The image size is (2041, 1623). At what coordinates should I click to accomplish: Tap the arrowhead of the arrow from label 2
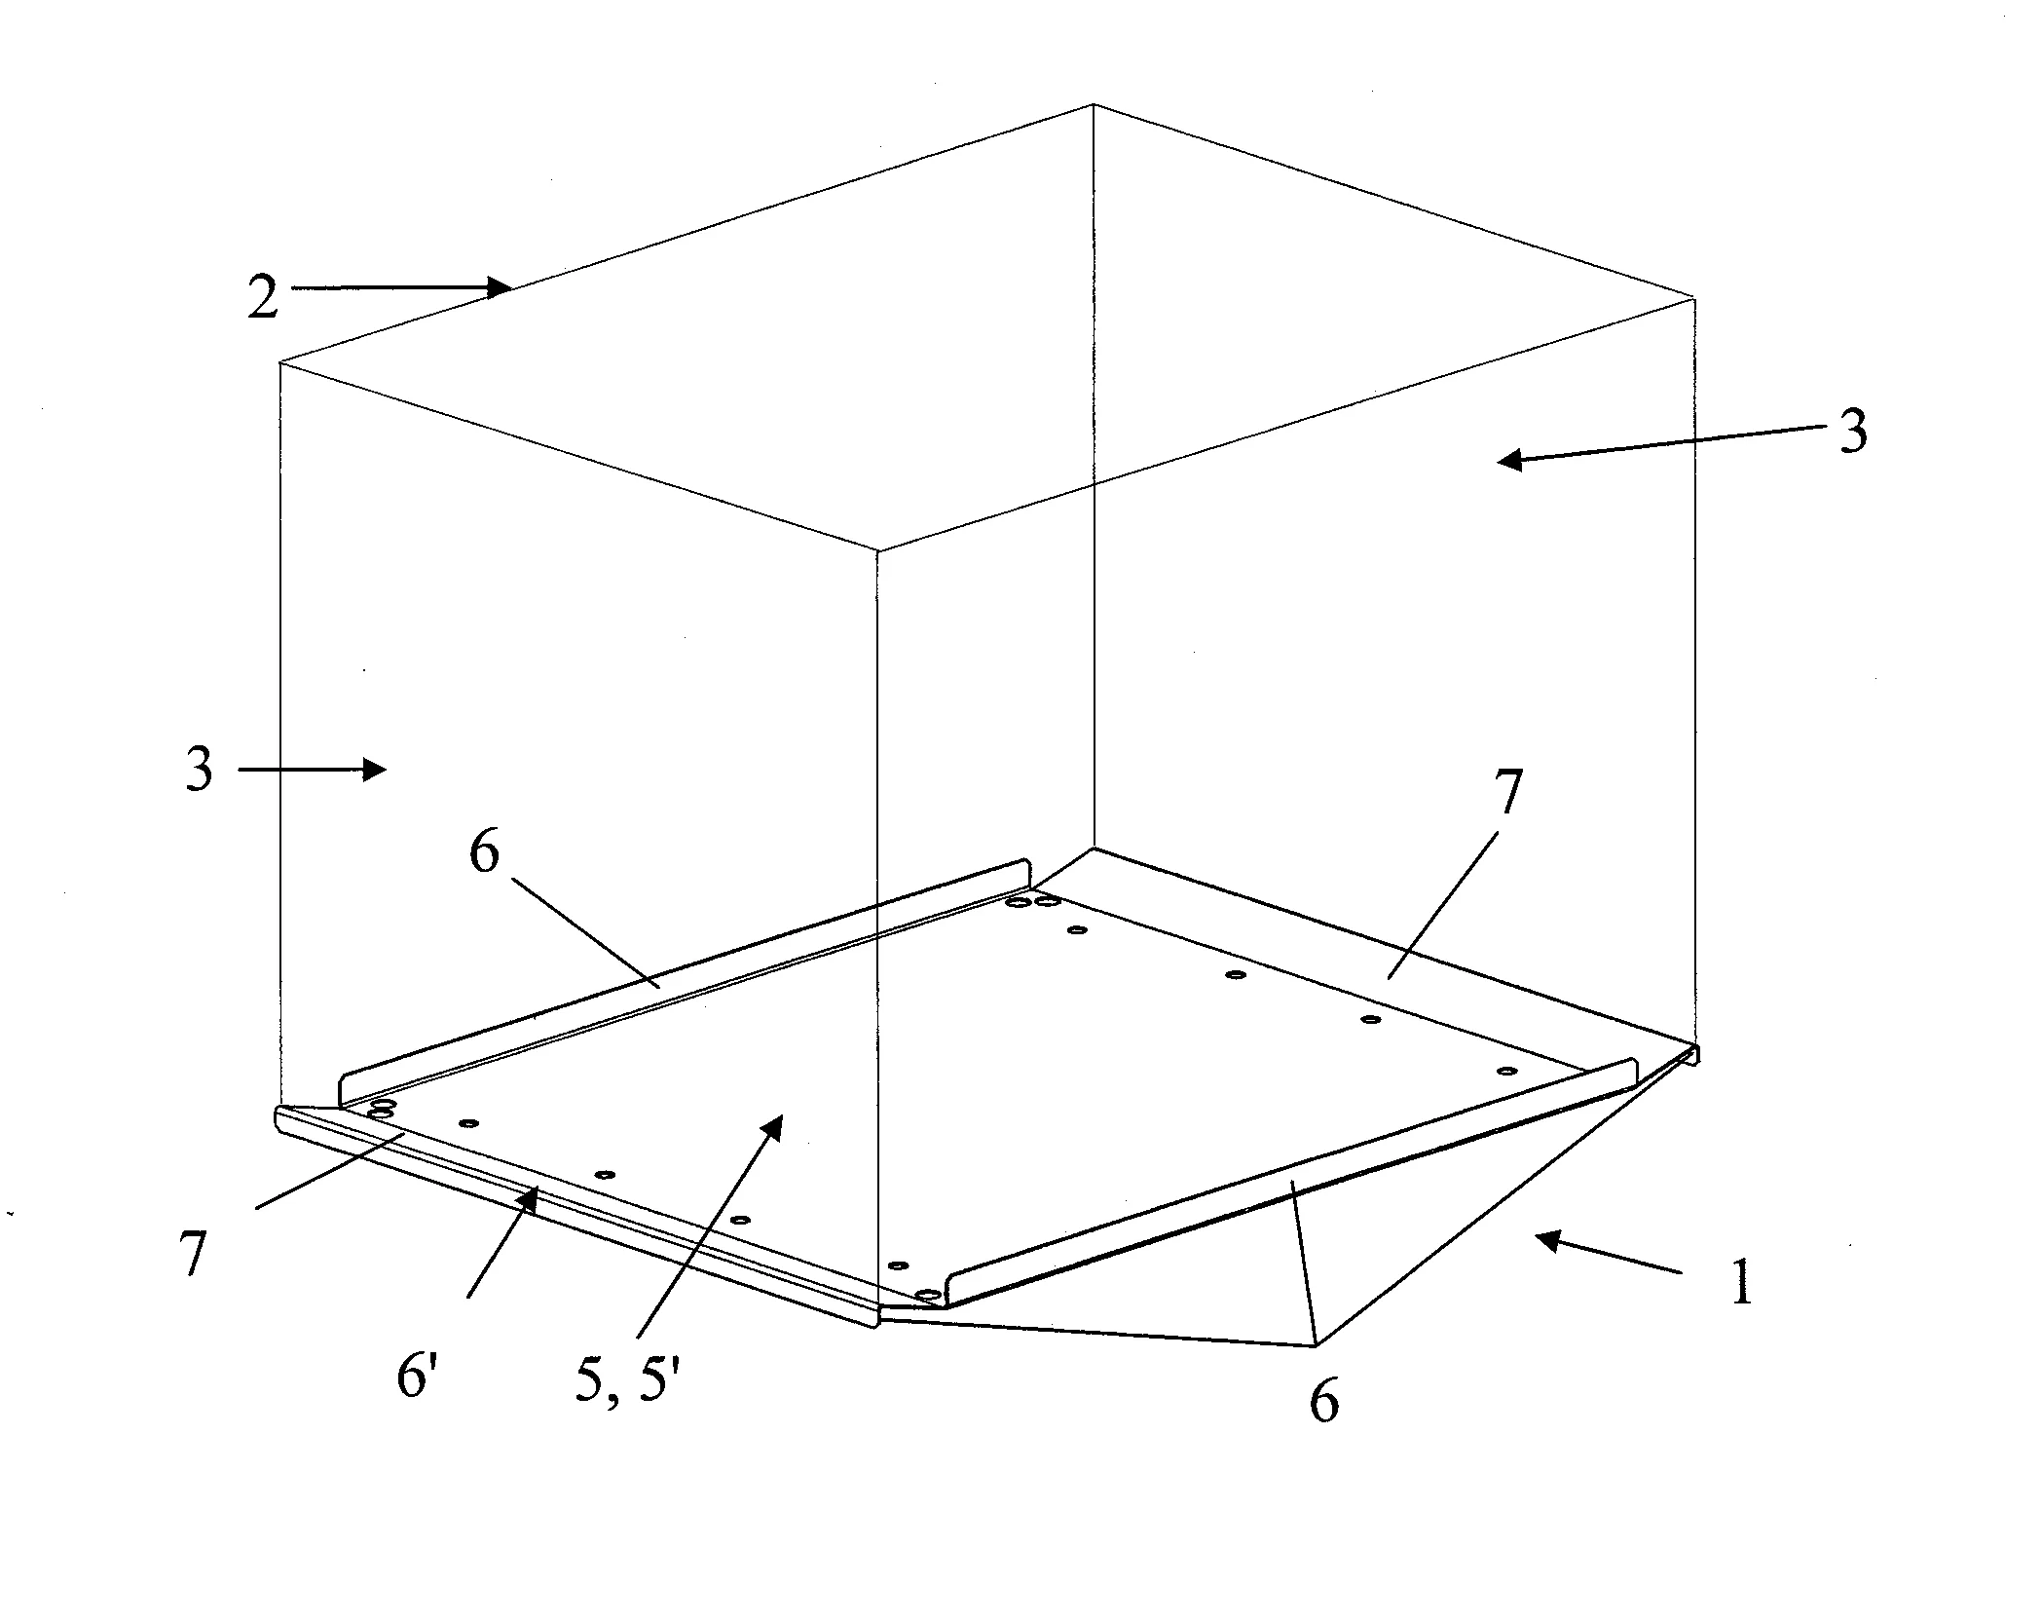tap(501, 287)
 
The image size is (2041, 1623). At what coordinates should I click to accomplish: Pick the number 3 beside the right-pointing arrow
tap(199, 770)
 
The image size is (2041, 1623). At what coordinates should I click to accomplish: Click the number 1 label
tap(1741, 1282)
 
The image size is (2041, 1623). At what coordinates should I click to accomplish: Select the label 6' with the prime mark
tap(416, 1378)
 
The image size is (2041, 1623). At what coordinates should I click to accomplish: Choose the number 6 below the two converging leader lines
tap(1322, 1403)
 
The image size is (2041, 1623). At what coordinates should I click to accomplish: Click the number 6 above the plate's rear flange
tap(483, 852)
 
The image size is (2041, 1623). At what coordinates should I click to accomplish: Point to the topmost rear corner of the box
tap(1094, 103)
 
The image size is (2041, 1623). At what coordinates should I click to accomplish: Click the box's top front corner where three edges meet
tap(878, 550)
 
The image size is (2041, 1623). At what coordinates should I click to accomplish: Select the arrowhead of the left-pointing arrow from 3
tap(1509, 462)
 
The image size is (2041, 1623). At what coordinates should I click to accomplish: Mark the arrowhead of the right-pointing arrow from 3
tap(375, 770)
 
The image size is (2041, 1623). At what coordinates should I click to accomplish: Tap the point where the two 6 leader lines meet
tap(1316, 1346)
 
